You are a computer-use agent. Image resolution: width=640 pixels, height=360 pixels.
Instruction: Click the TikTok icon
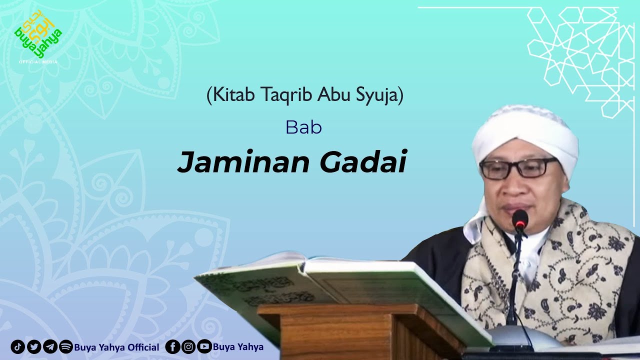pos(17,347)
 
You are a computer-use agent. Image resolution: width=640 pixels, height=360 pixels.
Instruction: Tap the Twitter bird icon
pos(34,347)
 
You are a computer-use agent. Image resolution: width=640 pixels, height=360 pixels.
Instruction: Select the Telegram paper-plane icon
pos(50,347)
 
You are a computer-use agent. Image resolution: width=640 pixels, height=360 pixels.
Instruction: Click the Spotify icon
pos(66,347)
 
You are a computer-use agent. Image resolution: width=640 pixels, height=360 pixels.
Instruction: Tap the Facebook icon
pos(172,347)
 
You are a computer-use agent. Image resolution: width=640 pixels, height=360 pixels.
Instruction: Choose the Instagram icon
pos(188,347)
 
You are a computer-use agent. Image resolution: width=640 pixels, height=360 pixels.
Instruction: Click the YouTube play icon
pos(204,347)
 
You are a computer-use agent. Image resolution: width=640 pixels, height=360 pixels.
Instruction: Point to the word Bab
pos(303,127)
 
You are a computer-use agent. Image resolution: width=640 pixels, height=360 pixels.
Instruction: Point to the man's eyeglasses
pos(518,168)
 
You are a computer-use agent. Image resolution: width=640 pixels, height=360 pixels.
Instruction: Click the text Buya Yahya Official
pos(116,347)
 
